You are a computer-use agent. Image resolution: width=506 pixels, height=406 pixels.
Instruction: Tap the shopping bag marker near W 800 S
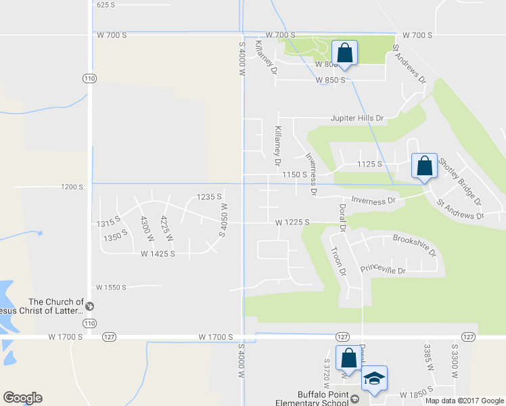(344, 53)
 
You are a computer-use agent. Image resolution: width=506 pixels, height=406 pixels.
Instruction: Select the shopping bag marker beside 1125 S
(424, 166)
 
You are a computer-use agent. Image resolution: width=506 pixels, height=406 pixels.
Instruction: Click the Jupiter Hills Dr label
(356, 118)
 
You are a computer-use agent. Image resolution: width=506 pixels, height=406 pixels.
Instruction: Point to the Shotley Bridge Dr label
(459, 181)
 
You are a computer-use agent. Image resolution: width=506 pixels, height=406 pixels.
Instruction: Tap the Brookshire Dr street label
(415, 244)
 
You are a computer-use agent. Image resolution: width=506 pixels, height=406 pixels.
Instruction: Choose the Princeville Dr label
(383, 270)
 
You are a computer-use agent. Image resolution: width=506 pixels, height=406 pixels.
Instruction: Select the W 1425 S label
(158, 254)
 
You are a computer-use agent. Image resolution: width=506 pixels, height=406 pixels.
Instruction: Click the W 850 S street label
(331, 80)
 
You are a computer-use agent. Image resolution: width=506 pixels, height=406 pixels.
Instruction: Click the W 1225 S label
(292, 222)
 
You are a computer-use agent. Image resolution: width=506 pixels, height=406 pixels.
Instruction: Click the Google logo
(22, 398)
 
